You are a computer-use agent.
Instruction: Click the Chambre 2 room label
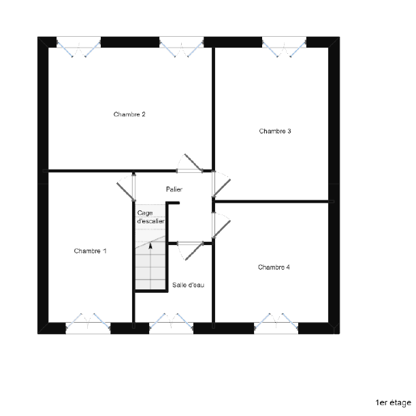pyautogui.click(x=129, y=114)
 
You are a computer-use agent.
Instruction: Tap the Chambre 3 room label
pyautogui.click(x=275, y=131)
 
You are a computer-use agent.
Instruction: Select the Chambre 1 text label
pyautogui.click(x=90, y=251)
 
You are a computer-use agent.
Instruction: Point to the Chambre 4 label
pyautogui.click(x=274, y=267)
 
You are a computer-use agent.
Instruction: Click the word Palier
pyautogui.click(x=174, y=189)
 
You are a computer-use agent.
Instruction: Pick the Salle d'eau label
pyautogui.click(x=188, y=285)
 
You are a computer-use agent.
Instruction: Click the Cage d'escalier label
pyautogui.click(x=150, y=217)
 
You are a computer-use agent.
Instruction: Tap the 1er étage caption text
pyautogui.click(x=394, y=402)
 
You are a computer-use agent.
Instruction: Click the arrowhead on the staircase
pyautogui.click(x=150, y=246)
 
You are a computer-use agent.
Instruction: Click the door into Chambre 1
pyautogui.click(x=126, y=187)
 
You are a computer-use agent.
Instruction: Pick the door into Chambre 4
pyautogui.click(x=221, y=225)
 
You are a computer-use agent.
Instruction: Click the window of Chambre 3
pyautogui.click(x=284, y=47)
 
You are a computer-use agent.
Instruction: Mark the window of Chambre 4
pyautogui.click(x=276, y=323)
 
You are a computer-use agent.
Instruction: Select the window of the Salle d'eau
pyautogui.click(x=171, y=323)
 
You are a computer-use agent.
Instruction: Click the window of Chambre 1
pyautogui.click(x=88, y=323)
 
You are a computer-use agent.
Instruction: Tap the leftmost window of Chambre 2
pyautogui.click(x=78, y=47)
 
